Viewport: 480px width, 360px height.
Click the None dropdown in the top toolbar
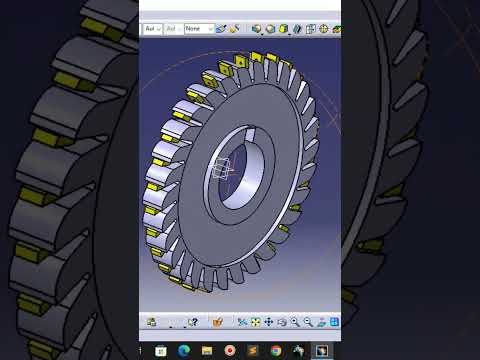198,29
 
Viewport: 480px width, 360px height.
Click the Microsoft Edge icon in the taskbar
183,351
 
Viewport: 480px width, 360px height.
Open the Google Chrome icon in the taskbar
275,351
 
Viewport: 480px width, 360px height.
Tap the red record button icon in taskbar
230,351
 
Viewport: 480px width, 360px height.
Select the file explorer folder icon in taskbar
207,351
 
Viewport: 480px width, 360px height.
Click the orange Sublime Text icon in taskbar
253,351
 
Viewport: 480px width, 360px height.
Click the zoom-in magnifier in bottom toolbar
295,322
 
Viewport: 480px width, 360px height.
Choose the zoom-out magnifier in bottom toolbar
308,322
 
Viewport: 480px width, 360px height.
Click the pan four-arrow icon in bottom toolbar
268,322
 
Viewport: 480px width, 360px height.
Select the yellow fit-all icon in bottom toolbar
255,322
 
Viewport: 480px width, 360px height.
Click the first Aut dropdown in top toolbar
151,29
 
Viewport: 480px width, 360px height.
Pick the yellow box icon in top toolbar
283,29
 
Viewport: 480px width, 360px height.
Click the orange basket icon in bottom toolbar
217,322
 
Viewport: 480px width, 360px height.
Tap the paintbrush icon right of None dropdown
221,29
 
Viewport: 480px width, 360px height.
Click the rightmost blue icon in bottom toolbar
334,322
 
